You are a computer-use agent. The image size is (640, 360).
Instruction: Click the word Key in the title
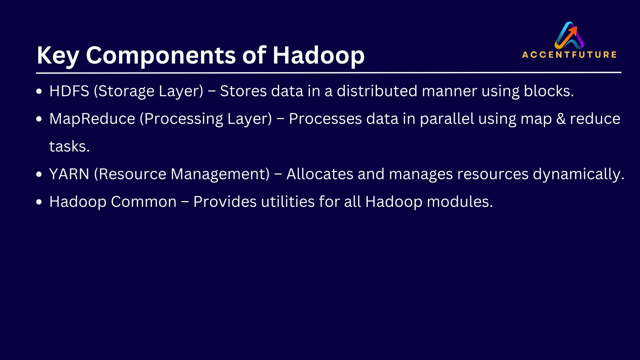(58, 56)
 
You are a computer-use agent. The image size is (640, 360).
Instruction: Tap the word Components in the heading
(161, 56)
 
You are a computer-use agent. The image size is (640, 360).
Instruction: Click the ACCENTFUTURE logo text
(569, 55)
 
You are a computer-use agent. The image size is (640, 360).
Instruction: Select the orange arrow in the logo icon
(573, 31)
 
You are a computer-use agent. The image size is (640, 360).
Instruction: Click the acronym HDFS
(69, 91)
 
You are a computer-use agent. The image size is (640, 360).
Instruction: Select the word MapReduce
(92, 119)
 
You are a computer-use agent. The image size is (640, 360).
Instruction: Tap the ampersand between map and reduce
(561, 119)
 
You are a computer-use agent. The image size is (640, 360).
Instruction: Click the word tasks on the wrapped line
(69, 147)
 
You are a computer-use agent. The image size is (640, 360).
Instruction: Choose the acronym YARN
(69, 174)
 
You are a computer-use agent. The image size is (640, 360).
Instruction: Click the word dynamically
(578, 174)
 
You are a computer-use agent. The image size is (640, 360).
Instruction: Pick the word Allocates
(320, 174)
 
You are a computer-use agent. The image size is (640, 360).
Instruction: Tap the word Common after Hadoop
(144, 202)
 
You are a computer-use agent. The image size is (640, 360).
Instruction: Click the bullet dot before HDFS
(39, 92)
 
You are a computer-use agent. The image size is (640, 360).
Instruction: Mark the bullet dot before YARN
(39, 174)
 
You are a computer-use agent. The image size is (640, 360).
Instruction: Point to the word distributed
(377, 91)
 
